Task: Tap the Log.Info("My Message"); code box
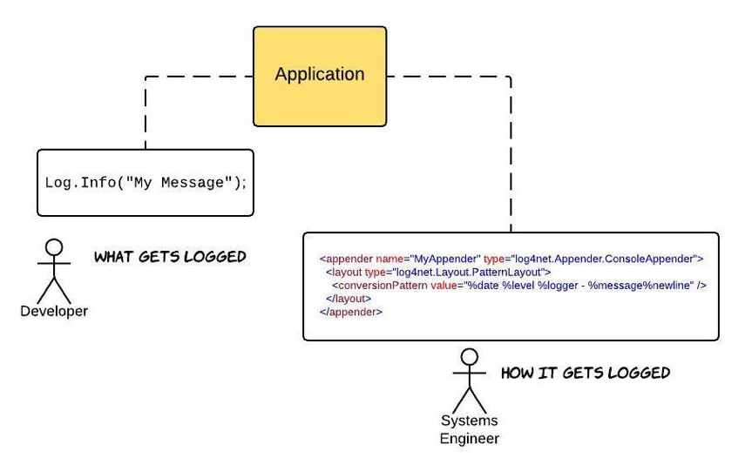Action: pos(146,183)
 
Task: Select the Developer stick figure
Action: pos(54,270)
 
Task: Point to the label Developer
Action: pos(54,311)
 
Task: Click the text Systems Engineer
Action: pos(470,430)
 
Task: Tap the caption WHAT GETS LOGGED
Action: pos(170,257)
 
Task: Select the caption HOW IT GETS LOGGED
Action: pos(586,374)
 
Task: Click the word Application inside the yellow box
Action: pos(320,75)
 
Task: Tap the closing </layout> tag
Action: pos(349,298)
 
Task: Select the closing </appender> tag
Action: pos(351,311)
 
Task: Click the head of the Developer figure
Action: pos(54,247)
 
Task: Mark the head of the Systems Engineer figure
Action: pos(470,357)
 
